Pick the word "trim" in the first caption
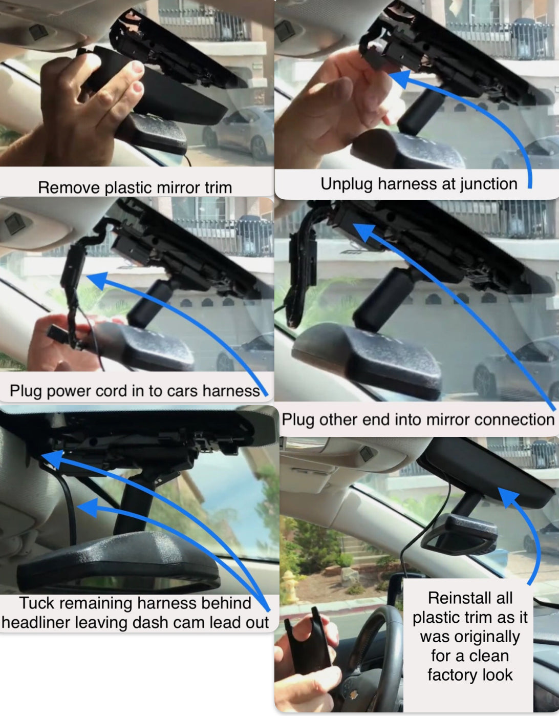pyautogui.click(x=219, y=187)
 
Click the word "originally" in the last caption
pyautogui.click(x=470, y=637)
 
